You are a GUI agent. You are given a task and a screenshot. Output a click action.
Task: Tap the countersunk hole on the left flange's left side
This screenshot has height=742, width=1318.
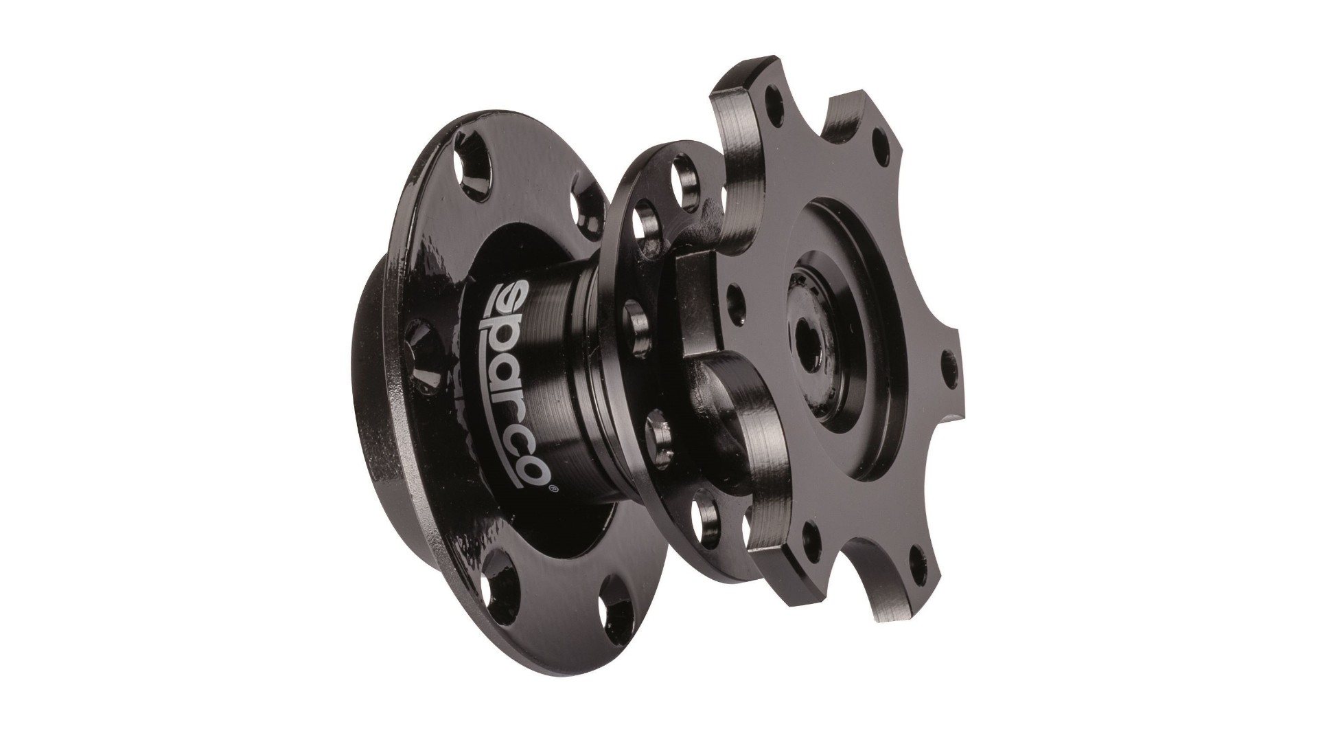click(x=417, y=340)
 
